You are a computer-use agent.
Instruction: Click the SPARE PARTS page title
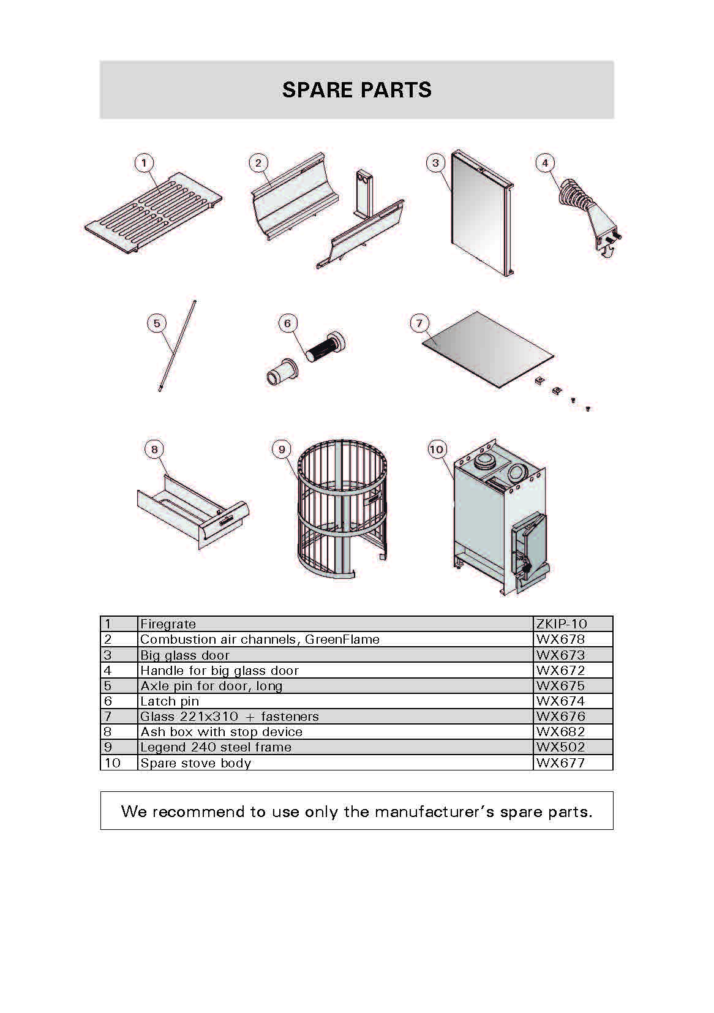tap(356, 90)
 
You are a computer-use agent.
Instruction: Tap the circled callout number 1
tap(144, 163)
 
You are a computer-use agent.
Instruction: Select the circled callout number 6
tap(288, 323)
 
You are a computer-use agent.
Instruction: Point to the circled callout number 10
tap(436, 450)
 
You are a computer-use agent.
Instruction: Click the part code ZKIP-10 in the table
tap(561, 624)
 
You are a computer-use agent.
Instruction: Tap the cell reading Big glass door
tap(185, 655)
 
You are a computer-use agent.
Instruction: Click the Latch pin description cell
tap(170, 701)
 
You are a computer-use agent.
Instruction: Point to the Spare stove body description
tap(196, 763)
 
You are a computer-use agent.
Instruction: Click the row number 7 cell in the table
tap(108, 717)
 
